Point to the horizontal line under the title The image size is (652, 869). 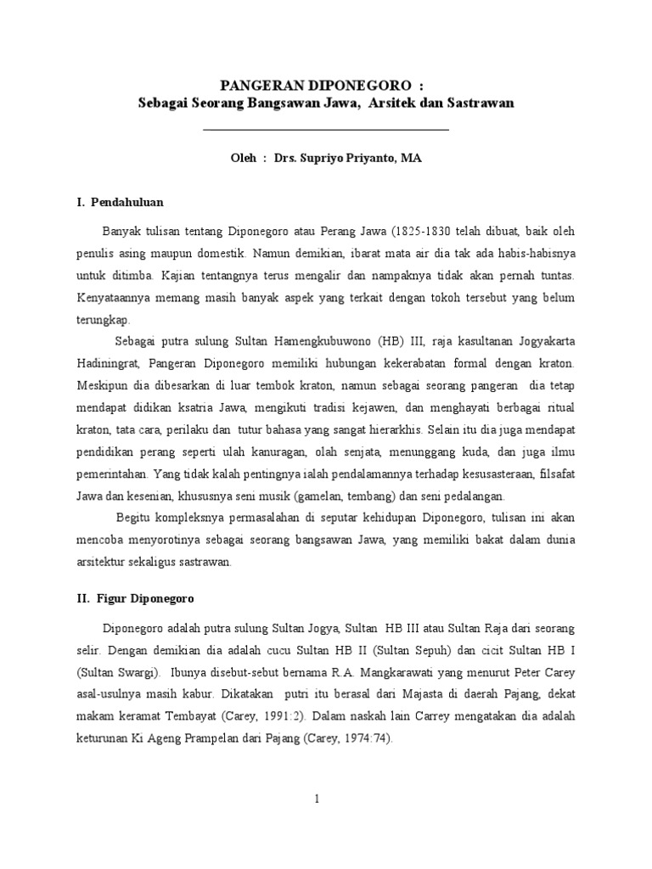pos(327,130)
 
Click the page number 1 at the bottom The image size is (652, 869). pos(317,798)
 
